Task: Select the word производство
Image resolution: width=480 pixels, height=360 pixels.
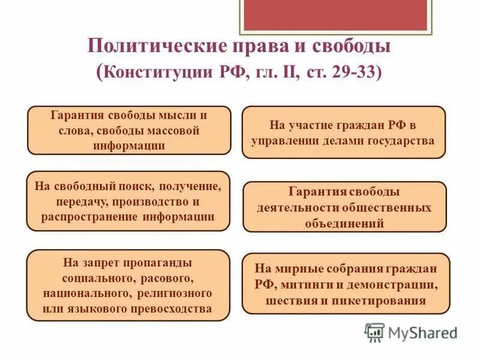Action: [x=155, y=202]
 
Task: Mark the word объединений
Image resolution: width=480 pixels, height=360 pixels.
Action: [x=344, y=223]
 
